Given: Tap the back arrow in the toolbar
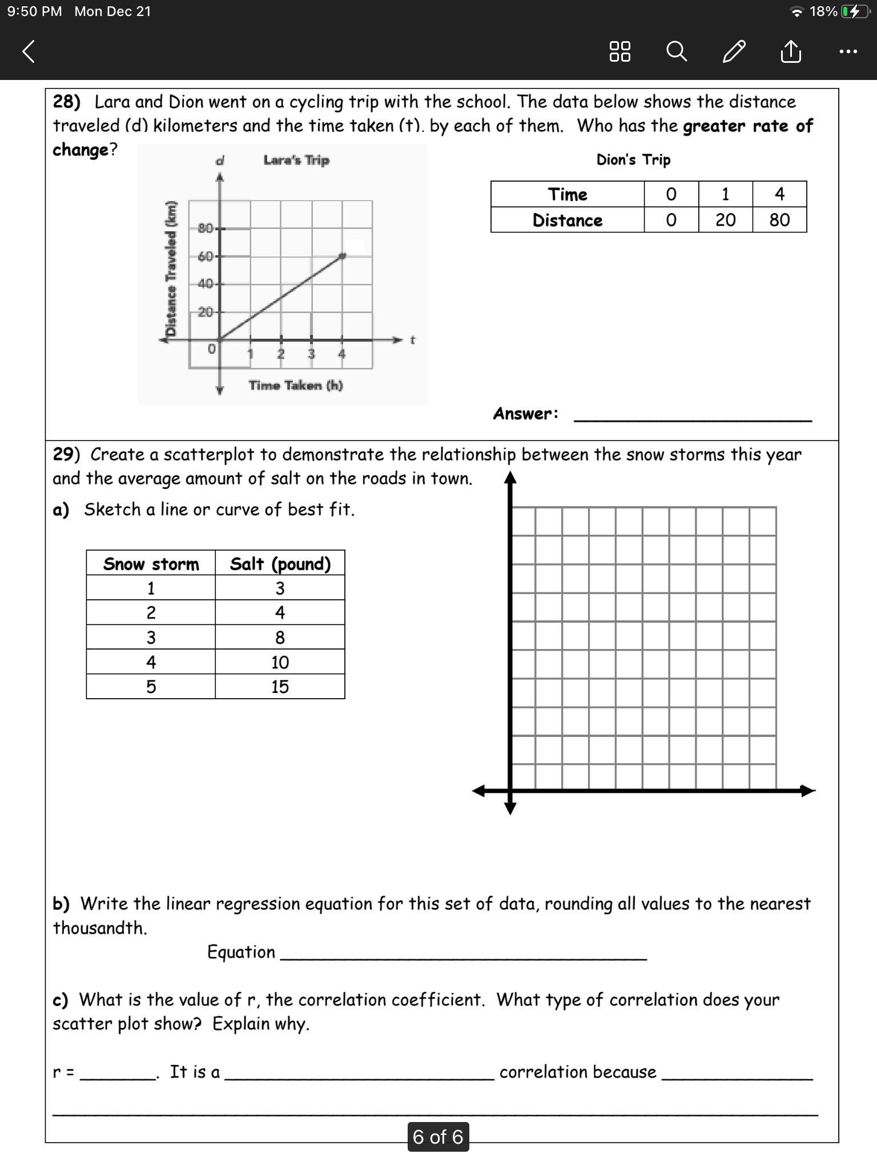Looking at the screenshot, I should pyautogui.click(x=29, y=51).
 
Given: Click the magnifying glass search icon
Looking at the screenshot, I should pyautogui.click(x=676, y=51).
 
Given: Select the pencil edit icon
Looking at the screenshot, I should pyautogui.click(x=734, y=51).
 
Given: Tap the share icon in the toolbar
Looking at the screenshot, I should pyautogui.click(x=790, y=51).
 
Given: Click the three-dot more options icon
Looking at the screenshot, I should pyautogui.click(x=848, y=51).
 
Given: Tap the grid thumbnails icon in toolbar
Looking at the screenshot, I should pyautogui.click(x=619, y=51).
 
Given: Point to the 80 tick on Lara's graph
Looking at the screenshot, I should pyautogui.click(x=206, y=229).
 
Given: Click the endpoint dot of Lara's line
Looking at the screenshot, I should pyautogui.click(x=342, y=256).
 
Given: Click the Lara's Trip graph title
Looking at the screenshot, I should pyautogui.click(x=296, y=160).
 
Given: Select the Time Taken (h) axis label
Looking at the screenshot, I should pyautogui.click(x=296, y=386).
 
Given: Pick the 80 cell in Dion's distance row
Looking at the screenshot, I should pyautogui.click(x=779, y=220).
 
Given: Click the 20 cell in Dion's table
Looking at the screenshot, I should pyautogui.click(x=725, y=220).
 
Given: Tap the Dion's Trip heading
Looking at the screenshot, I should pyautogui.click(x=633, y=160).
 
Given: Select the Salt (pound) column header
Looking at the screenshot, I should pyautogui.click(x=280, y=564).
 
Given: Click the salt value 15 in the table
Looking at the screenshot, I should pyautogui.click(x=280, y=687).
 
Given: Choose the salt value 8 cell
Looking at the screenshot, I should pyautogui.click(x=280, y=638).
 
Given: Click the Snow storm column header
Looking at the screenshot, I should pyautogui.click(x=151, y=564).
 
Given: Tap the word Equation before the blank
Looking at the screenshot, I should pyautogui.click(x=241, y=952).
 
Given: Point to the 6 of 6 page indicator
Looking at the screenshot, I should pyautogui.click(x=438, y=1137).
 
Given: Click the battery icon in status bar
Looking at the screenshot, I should pyautogui.click(x=853, y=11).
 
